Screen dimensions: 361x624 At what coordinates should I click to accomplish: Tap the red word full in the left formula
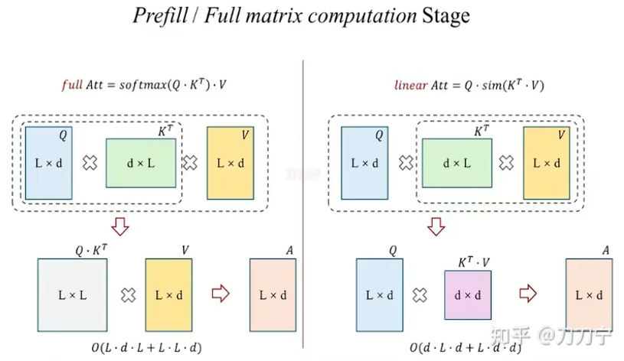point(71,85)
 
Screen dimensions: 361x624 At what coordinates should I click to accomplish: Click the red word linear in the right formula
point(410,85)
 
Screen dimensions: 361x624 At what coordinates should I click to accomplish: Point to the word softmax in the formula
point(145,85)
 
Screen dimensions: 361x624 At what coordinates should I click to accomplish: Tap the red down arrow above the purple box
point(435,227)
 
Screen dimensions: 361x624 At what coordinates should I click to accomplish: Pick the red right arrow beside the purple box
point(527,293)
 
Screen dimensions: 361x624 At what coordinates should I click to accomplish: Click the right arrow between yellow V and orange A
point(220,293)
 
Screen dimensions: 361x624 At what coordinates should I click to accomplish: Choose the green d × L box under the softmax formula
point(141,163)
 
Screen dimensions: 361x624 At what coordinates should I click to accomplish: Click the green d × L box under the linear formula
point(457,163)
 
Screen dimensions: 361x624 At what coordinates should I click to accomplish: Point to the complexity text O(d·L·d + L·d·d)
point(465,348)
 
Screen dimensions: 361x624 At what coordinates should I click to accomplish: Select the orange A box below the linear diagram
point(589,294)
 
